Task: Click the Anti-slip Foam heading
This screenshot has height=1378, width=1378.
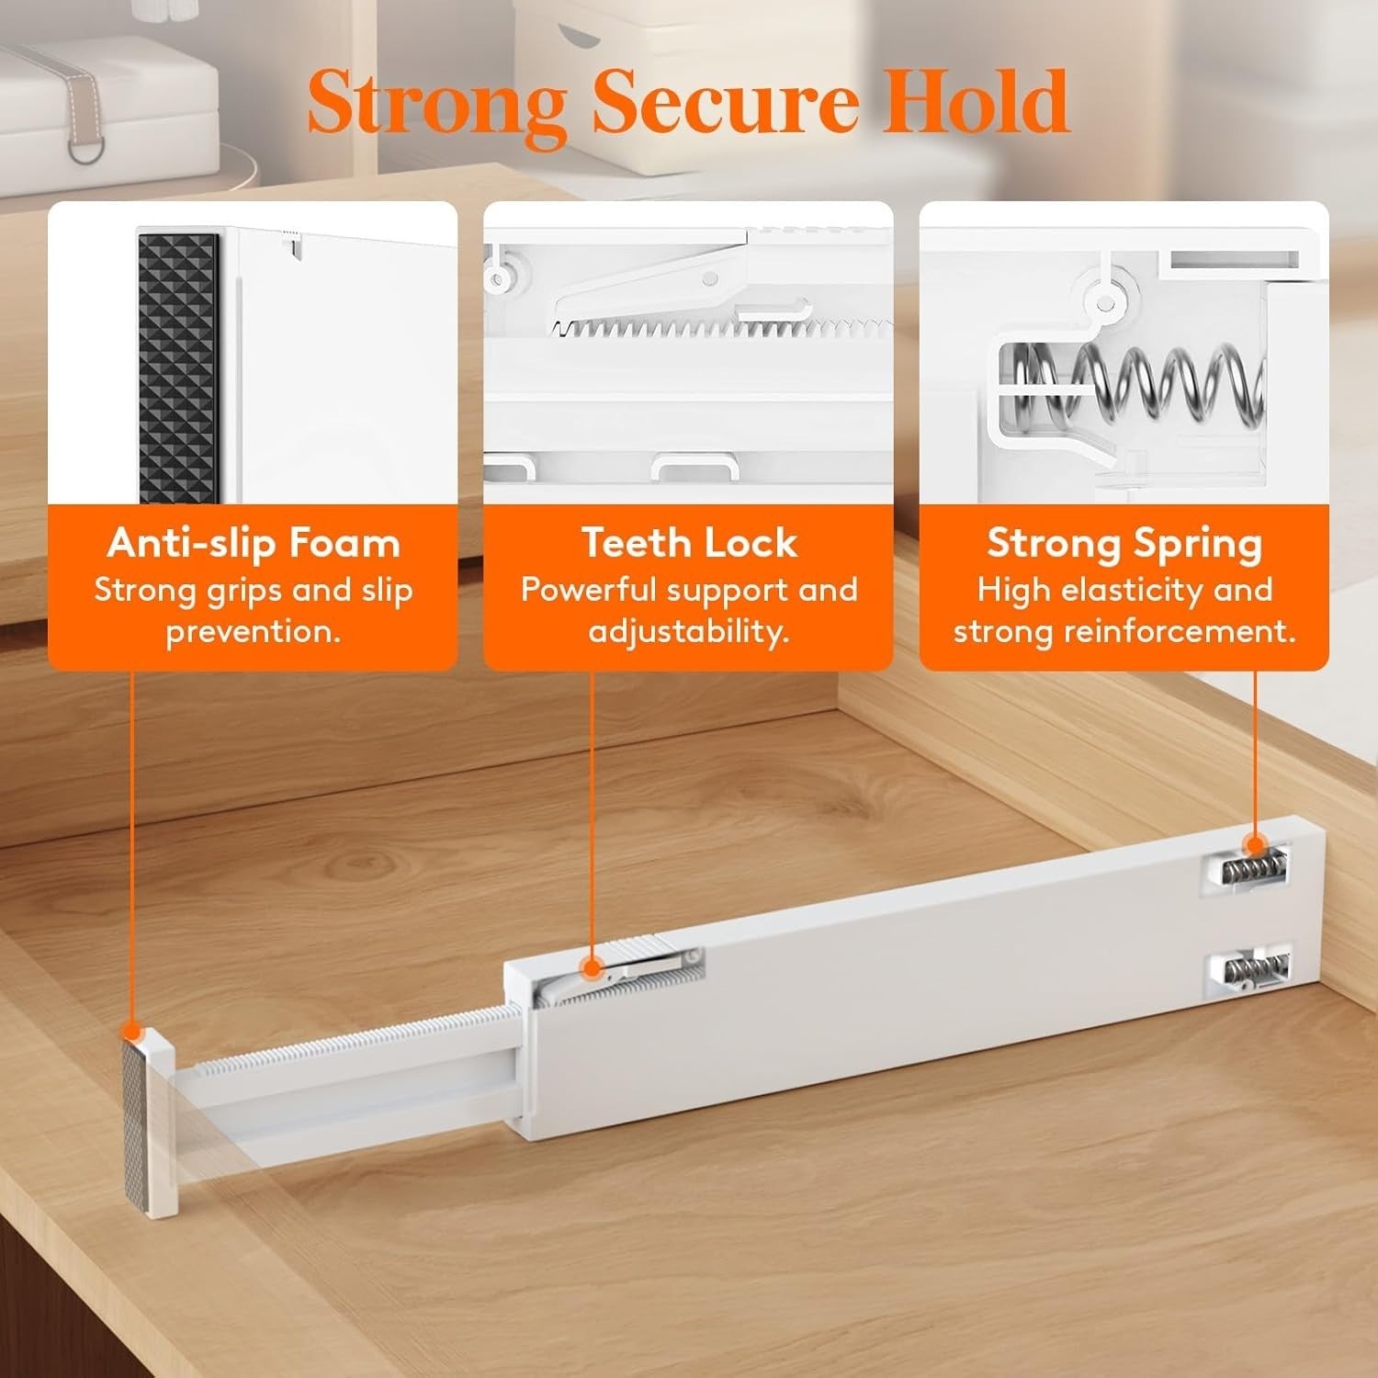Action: pyautogui.click(x=254, y=543)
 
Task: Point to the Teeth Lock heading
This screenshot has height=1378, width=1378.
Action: pyautogui.click(x=689, y=543)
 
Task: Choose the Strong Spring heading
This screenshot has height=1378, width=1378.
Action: pyautogui.click(x=1124, y=543)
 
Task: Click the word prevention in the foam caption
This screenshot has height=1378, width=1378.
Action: pyautogui.click(x=254, y=632)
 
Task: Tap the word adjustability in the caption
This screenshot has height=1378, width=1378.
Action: pyautogui.click(x=689, y=632)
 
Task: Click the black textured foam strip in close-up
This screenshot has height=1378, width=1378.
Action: pyautogui.click(x=178, y=367)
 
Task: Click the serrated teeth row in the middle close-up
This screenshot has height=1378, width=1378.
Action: pyautogui.click(x=717, y=328)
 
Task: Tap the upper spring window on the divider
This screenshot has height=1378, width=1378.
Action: pyautogui.click(x=1246, y=869)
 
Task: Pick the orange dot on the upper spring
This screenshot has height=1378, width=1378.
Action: pyautogui.click(x=1254, y=846)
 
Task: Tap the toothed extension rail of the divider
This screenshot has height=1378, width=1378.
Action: pyautogui.click(x=349, y=1047)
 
